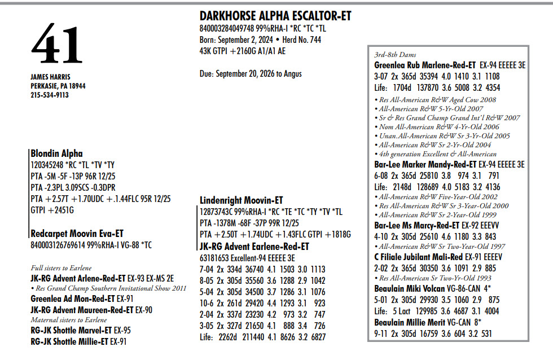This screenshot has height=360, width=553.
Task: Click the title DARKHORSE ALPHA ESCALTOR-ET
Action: (x=275, y=16)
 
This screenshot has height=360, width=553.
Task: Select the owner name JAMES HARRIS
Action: (x=50, y=77)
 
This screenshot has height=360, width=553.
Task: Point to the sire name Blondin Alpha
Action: (x=56, y=153)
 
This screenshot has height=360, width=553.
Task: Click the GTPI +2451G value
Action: (x=52, y=210)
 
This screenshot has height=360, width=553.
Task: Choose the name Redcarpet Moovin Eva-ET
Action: (x=77, y=234)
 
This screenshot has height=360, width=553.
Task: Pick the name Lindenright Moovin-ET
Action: (x=242, y=200)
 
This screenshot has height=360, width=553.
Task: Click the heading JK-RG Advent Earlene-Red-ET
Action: (x=254, y=247)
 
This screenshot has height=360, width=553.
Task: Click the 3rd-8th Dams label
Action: (x=395, y=55)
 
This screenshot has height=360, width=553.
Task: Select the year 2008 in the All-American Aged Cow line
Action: (x=487, y=99)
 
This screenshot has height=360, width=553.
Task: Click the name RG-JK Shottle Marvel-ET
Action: (x=68, y=331)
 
